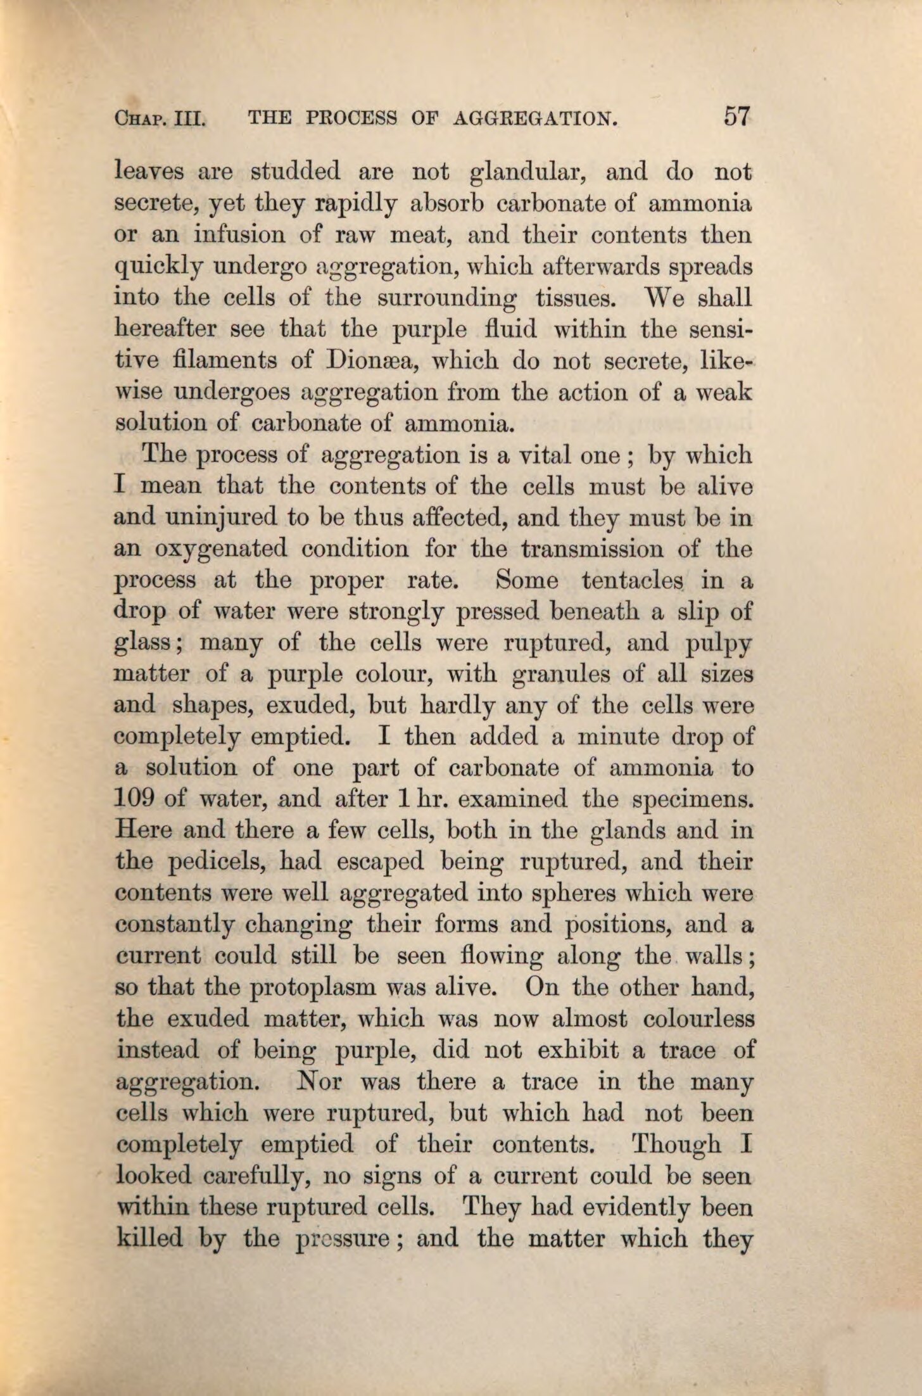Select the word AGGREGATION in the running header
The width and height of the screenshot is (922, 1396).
click(x=536, y=119)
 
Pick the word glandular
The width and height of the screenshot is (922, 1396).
click(x=531, y=172)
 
